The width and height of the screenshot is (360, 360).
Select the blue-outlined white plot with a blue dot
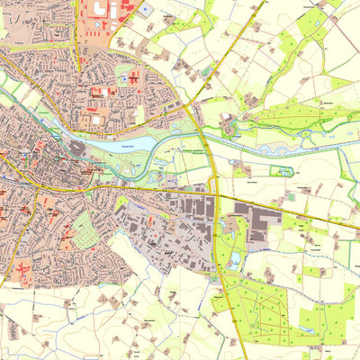pyautogui.click(x=145, y=9)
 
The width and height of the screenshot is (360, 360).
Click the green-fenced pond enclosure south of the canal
pyautogui.click(x=282, y=170)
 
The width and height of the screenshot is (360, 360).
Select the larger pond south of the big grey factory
pyautogui.click(x=233, y=261)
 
